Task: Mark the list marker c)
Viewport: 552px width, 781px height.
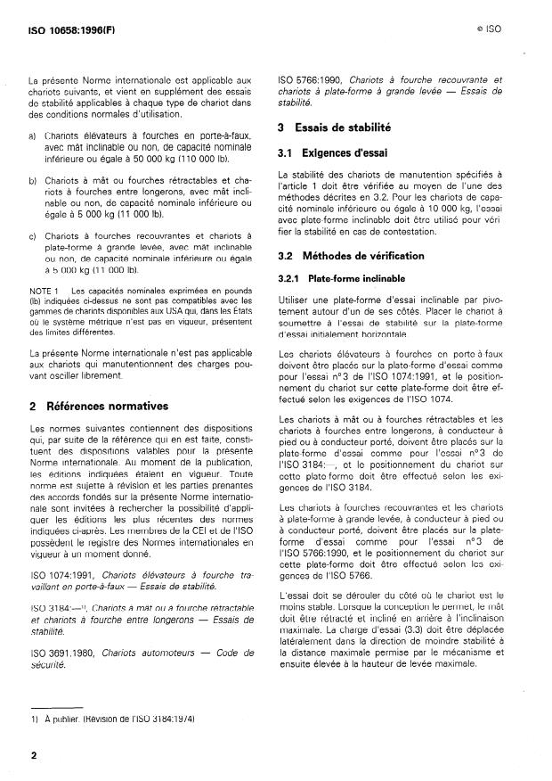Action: point(32,234)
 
